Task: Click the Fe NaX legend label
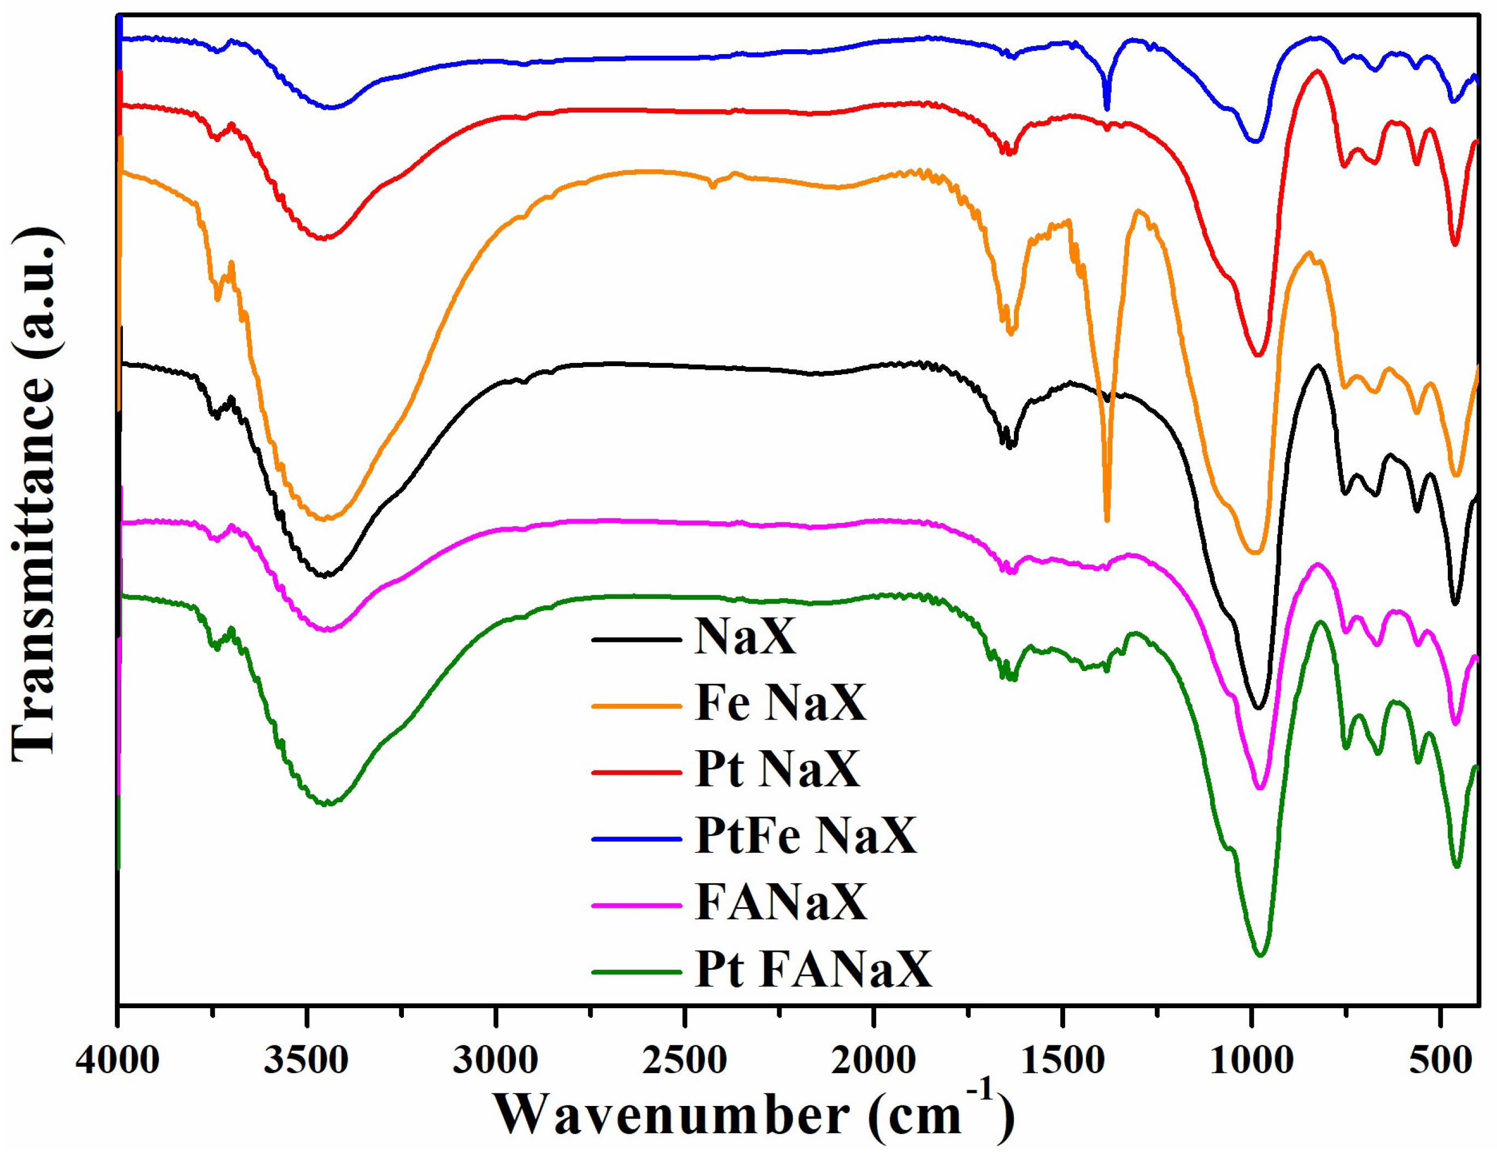[780, 703]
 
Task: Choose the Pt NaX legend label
[777, 769]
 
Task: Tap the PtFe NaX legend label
[806, 836]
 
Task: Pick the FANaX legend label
[780, 902]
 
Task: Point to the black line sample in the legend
[637, 639]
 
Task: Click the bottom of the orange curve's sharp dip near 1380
[1107, 520]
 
